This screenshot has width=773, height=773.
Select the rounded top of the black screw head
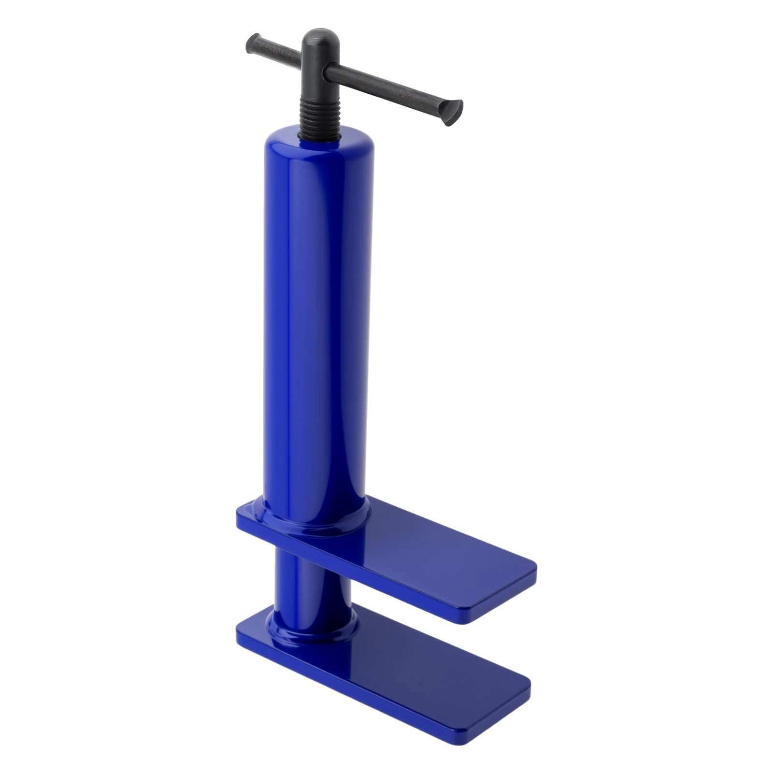pyautogui.click(x=318, y=36)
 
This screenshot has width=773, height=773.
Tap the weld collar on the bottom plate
pyautogui.click(x=314, y=633)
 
